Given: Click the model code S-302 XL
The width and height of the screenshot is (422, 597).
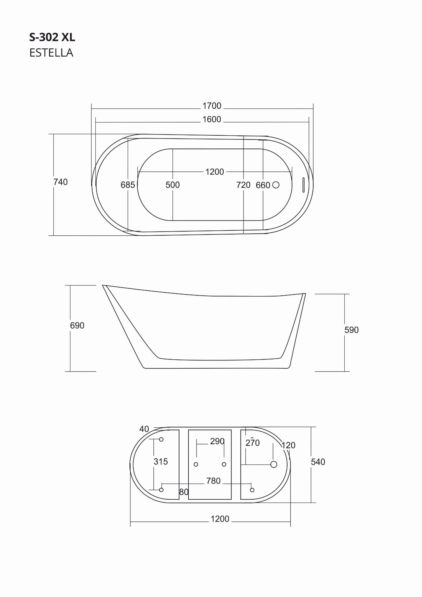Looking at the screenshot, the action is (x=52, y=37).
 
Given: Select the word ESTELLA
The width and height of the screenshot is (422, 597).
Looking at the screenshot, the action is (x=51, y=53).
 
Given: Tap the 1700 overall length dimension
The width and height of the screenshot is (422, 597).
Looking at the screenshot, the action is (x=212, y=106).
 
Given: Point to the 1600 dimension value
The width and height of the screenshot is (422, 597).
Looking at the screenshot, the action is (x=212, y=119).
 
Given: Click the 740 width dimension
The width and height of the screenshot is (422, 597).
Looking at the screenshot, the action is (x=60, y=182).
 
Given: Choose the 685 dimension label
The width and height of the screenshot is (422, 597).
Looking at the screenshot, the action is (x=128, y=185).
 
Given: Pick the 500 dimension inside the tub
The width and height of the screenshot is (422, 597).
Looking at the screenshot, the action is (x=173, y=185).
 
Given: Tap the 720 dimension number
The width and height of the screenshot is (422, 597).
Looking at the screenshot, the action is (x=244, y=185).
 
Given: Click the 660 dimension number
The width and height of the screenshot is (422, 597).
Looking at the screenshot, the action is (x=263, y=185).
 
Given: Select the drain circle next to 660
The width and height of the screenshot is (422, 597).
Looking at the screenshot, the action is (x=276, y=185).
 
